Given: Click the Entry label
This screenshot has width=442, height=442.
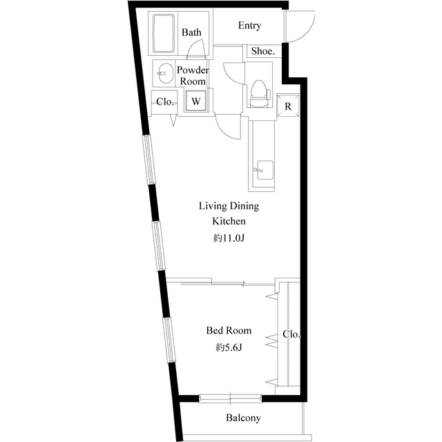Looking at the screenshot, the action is tap(249, 26).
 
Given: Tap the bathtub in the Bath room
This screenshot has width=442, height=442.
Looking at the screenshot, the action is tap(164, 33).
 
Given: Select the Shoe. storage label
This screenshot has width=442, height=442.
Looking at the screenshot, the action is tap(262, 51).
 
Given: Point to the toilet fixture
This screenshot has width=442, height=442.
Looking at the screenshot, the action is tap(259, 93).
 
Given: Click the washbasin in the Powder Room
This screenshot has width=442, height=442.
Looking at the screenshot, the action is tap(165, 73).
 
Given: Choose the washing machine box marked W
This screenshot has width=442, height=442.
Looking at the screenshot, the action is tap(196, 101).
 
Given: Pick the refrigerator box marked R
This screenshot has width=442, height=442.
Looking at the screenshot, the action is tap(288, 106).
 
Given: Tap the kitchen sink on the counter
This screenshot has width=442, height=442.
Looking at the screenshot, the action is tap(265, 170).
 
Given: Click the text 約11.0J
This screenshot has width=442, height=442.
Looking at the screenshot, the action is tap(229, 238).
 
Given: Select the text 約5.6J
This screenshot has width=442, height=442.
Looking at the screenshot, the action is tap(229, 348).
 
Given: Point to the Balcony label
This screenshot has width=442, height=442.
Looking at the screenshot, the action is tap(243, 418).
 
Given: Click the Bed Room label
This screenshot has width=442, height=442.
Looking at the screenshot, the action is tap(229, 330).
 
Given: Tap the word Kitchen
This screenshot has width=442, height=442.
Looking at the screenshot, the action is tap(229, 221).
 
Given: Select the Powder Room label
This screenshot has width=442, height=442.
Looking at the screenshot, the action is tap(193, 75).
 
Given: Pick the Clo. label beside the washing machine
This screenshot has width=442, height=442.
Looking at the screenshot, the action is tap(164, 102).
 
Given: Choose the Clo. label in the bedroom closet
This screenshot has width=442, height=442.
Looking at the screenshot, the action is tap(291, 334).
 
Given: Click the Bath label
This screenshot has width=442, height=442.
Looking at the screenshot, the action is tap(191, 32).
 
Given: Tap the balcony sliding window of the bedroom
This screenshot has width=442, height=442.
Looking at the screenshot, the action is tap(230, 398).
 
